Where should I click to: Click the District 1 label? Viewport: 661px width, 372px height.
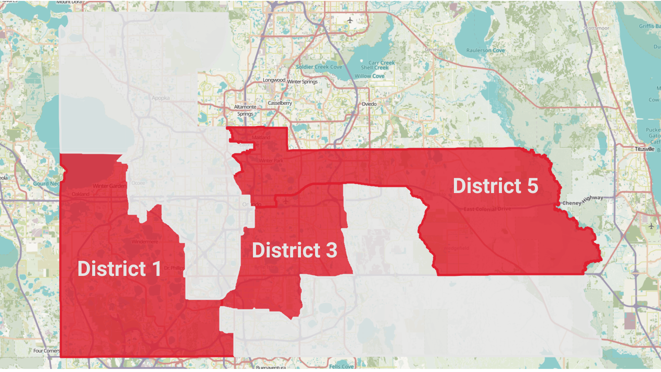click(x=119, y=269)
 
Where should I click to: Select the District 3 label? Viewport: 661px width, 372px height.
click(x=294, y=250)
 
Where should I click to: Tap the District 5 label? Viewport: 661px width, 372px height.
click(x=495, y=186)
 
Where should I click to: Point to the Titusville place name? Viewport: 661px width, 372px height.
click(x=644, y=149)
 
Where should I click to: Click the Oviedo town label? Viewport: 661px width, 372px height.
click(x=369, y=104)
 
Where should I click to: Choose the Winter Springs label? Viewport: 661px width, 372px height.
click(x=302, y=82)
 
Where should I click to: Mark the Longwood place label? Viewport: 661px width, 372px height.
click(x=274, y=80)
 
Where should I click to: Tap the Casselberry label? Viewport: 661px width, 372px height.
click(x=280, y=103)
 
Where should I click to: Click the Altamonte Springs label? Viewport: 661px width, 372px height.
click(x=245, y=110)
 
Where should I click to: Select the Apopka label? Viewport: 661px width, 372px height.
click(x=160, y=98)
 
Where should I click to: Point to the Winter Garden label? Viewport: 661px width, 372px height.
click(x=109, y=186)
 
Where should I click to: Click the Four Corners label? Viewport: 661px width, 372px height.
click(x=46, y=351)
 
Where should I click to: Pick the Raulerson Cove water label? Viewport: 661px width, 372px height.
click(x=486, y=50)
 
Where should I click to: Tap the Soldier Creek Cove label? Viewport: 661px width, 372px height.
click(x=319, y=67)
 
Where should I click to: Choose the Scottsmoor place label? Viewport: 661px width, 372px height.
click(x=596, y=28)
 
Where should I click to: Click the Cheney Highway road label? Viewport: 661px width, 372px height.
click(x=583, y=201)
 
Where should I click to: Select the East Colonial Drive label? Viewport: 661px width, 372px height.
click(x=487, y=209)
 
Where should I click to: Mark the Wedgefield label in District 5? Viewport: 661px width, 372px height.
click(x=456, y=248)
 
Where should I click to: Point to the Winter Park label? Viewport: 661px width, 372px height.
click(x=271, y=160)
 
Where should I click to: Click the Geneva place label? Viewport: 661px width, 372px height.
click(x=433, y=49)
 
